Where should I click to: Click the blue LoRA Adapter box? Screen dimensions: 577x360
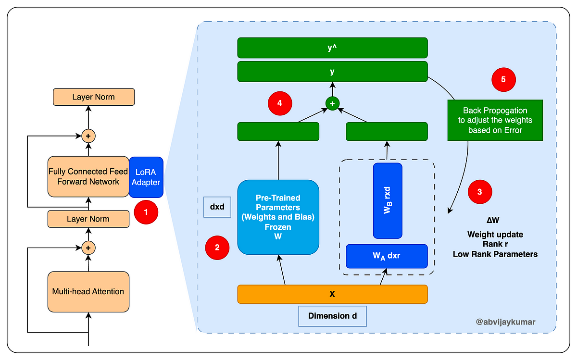click(146, 177)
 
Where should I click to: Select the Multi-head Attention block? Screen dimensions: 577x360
click(88, 291)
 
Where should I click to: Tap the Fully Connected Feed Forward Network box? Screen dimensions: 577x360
click(88, 177)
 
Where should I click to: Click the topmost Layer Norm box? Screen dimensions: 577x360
click(94, 97)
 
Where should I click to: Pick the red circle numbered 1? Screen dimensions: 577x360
click(146, 212)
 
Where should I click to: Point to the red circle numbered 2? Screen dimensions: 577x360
click(217, 248)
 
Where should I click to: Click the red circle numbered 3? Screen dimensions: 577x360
click(480, 192)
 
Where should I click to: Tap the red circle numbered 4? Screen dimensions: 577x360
click(280, 103)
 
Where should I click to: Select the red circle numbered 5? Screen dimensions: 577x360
click(503, 80)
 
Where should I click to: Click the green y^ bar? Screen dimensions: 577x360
click(333, 48)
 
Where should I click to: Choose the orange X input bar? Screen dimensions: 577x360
click(333, 294)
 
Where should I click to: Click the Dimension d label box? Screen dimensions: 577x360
click(333, 316)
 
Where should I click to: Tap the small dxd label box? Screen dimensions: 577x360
click(217, 207)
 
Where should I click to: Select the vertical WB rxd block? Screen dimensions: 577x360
click(388, 200)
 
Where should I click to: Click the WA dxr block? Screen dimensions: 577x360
click(387, 256)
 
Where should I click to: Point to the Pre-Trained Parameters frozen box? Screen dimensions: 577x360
click(278, 217)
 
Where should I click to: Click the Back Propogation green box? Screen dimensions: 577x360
click(495, 120)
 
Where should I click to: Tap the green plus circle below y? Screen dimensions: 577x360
click(332, 103)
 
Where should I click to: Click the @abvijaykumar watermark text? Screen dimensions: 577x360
click(505, 322)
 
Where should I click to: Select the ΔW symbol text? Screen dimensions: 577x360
click(493, 220)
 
